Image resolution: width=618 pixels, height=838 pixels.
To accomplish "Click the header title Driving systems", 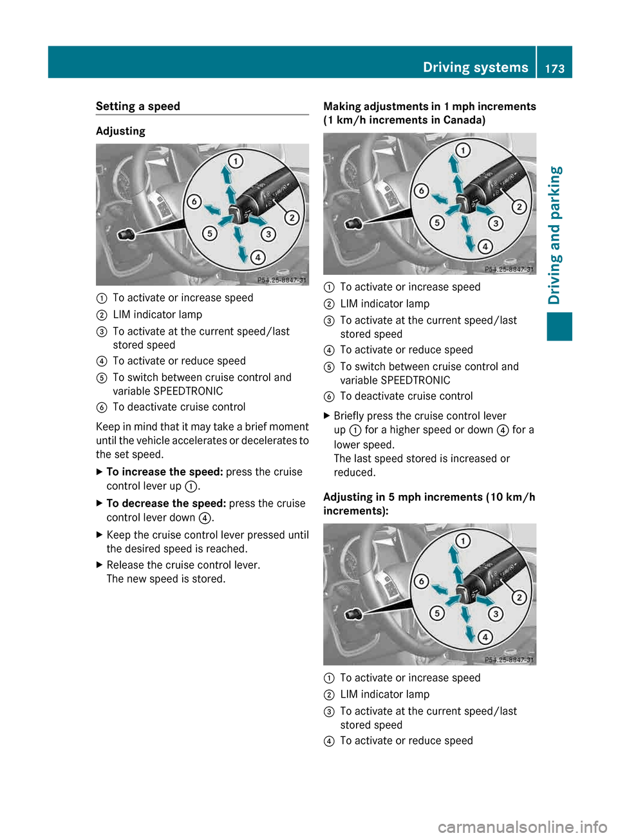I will click(475, 67).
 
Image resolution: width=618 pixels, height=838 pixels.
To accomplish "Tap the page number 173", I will click(554, 68).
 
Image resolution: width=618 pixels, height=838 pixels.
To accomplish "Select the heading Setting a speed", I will click(138, 106).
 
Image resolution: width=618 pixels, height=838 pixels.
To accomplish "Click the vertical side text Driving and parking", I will click(555, 235).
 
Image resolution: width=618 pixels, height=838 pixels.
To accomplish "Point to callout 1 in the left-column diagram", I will click(236, 161).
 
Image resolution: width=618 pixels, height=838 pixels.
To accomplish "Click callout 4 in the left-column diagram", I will click(257, 257).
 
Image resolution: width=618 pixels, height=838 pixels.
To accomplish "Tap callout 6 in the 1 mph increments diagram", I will click(421, 191).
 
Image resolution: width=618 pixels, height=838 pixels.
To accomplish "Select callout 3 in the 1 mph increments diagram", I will click(495, 223).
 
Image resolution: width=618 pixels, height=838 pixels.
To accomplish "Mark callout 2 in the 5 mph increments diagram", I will click(519, 597).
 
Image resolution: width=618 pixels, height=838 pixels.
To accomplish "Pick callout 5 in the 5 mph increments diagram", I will click(437, 613).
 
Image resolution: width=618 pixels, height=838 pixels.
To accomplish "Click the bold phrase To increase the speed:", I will click(165, 472).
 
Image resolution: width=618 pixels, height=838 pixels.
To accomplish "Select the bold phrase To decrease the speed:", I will click(166, 503).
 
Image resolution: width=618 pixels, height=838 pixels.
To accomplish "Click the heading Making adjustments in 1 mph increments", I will click(429, 106).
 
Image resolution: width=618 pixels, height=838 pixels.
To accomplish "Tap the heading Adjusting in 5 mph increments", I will click(429, 497).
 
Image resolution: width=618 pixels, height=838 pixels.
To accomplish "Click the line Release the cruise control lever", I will click(183, 565).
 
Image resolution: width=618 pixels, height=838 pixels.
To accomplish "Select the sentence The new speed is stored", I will click(166, 579).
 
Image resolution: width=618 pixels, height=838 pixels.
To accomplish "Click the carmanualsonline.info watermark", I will click(522, 826).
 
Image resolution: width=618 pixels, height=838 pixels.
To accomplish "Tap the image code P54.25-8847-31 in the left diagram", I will click(282, 280).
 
